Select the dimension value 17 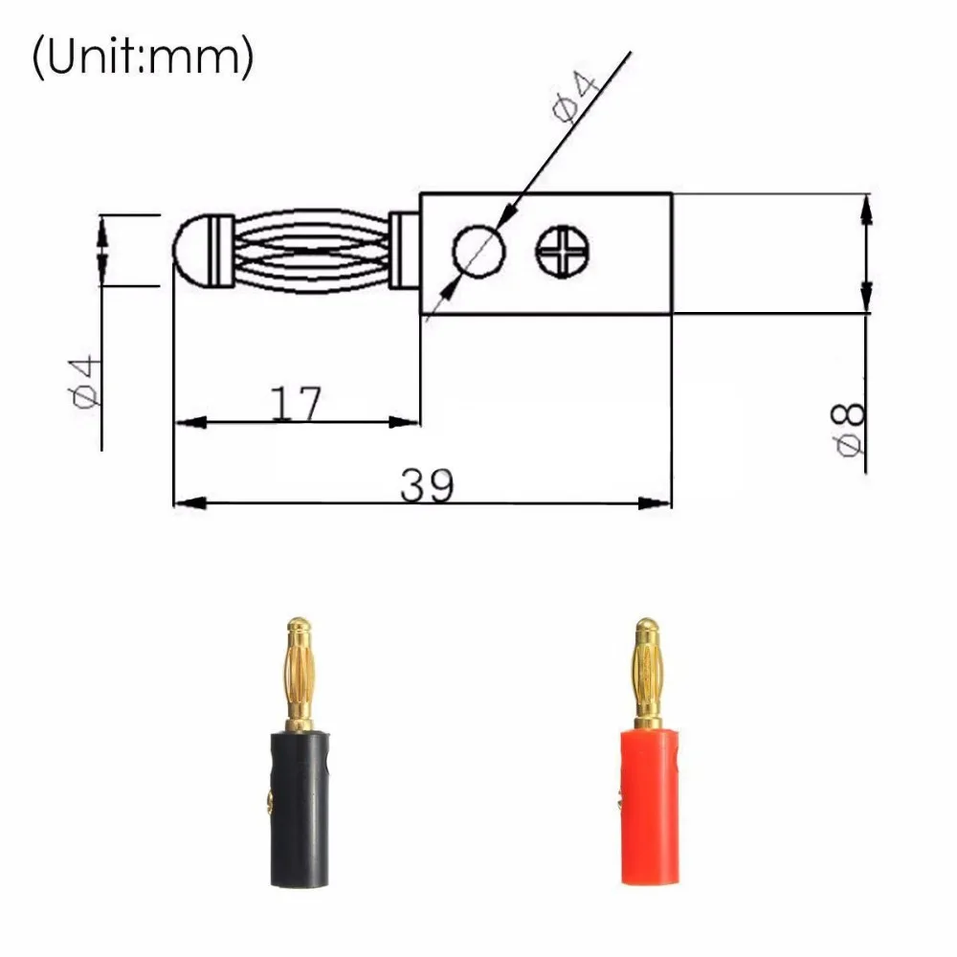click(296, 405)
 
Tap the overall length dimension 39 click(427, 486)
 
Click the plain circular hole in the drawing click(478, 251)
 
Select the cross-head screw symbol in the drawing click(563, 252)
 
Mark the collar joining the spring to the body click(403, 251)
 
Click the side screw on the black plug click(268, 801)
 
